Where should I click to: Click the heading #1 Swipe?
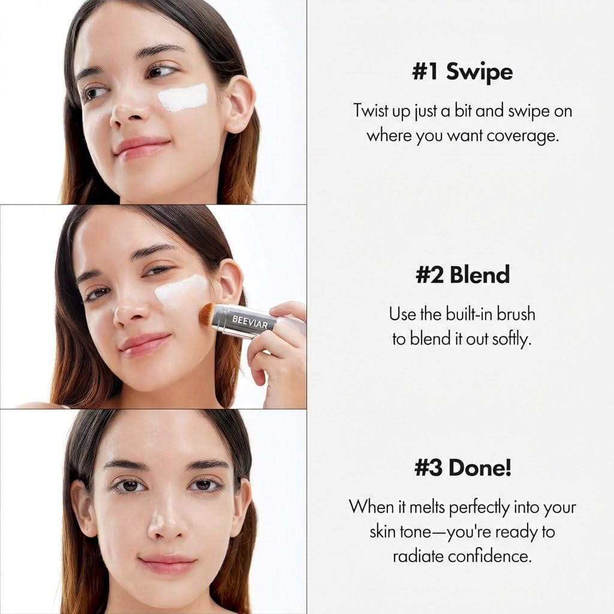(462, 72)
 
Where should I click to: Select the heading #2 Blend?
(462, 275)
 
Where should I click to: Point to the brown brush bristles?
(208, 314)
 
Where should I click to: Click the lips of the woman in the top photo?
(142, 147)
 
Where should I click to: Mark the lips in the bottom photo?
(167, 564)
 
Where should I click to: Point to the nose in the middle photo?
(129, 310)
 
